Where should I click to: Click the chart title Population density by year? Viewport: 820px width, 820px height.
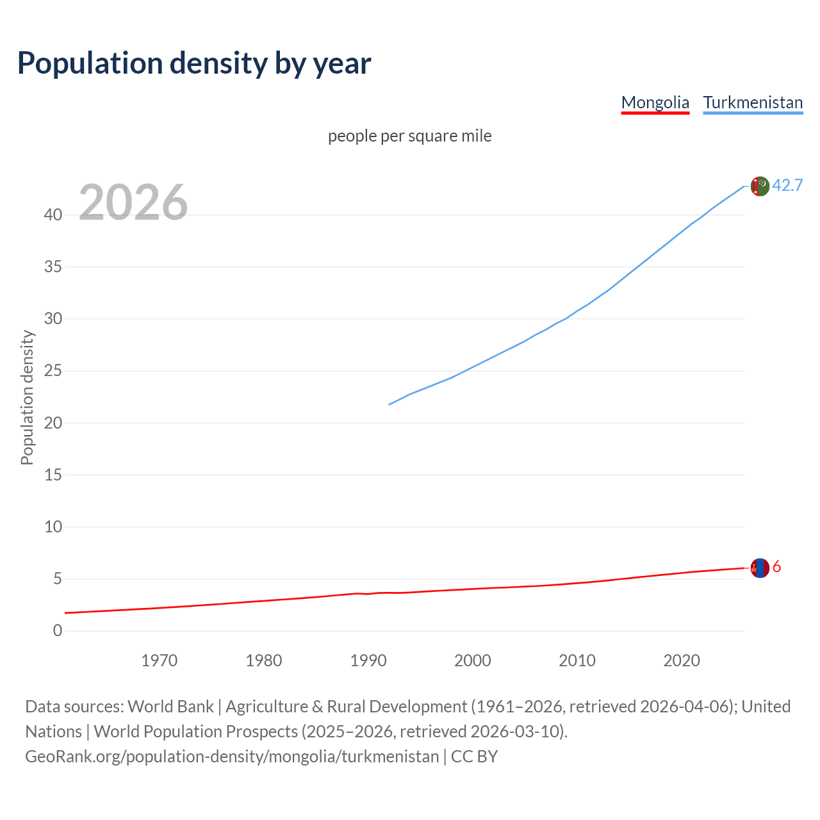(194, 63)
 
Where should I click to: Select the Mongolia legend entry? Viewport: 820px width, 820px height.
(655, 102)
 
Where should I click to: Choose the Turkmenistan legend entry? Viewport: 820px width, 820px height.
(753, 102)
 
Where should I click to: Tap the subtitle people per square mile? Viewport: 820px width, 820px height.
(410, 136)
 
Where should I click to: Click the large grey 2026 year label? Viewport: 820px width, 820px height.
(133, 202)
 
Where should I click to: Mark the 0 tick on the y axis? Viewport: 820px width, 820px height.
(58, 630)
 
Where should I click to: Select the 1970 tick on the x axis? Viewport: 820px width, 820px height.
(159, 660)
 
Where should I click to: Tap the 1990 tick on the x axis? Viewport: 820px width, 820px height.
(368, 660)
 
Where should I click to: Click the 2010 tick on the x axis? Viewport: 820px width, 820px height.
(577, 660)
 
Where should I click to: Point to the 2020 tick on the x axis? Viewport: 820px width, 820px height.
(681, 660)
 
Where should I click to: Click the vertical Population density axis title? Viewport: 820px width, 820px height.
(27, 397)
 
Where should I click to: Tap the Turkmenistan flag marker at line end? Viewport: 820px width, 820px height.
(759, 186)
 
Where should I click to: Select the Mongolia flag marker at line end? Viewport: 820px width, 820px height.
(759, 568)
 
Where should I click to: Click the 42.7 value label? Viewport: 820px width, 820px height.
(787, 185)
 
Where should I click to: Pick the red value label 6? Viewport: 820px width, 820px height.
(776, 567)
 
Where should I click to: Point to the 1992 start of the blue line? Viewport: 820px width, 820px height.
(389, 404)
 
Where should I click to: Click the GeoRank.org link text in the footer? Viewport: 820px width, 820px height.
(232, 757)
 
